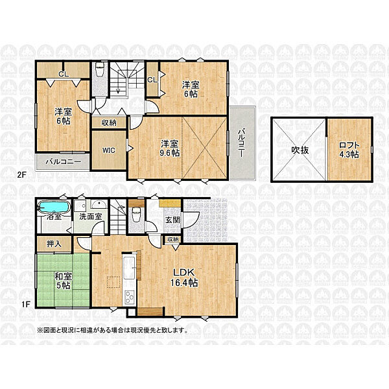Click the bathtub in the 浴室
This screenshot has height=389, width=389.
click(54, 207)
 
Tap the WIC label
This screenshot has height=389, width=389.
click(109, 150)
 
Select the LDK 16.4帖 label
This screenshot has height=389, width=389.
click(184, 277)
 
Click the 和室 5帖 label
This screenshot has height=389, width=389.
click(64, 281)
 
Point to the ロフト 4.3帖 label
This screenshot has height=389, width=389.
click(349, 150)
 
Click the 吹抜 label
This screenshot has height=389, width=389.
click(300, 150)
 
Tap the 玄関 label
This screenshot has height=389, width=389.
click(172, 220)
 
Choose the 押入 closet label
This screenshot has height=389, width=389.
click(54, 244)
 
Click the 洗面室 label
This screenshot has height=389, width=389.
click(91, 217)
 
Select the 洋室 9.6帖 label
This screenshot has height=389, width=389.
click(170, 148)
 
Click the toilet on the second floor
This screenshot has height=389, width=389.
click(100, 69)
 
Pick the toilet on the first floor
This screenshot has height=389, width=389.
click(136, 215)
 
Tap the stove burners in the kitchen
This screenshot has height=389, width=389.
click(129, 296)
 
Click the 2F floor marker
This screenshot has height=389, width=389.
click(21, 174)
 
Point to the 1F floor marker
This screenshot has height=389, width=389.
click(26, 304)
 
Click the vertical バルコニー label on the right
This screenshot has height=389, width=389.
click(241, 143)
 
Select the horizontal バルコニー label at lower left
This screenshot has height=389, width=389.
click(64, 161)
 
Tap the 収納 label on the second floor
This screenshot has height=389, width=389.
click(109, 123)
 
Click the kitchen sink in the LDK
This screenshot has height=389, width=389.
click(129, 268)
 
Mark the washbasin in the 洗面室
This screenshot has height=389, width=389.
click(99, 204)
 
